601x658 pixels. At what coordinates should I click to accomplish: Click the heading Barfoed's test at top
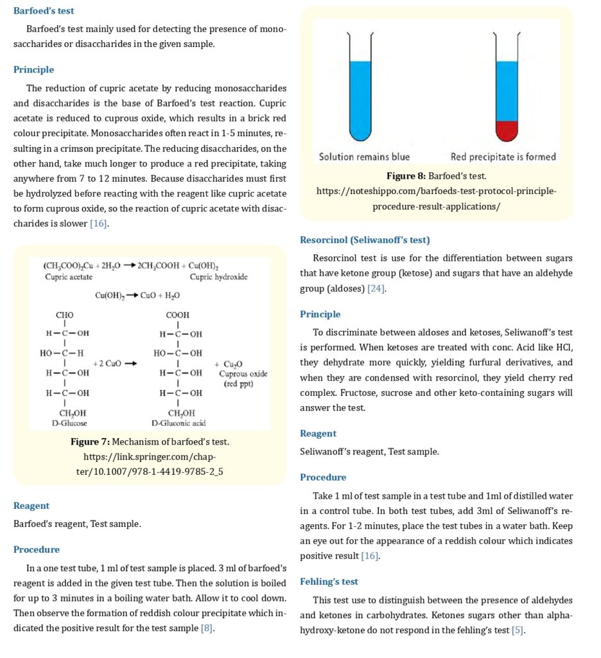44,11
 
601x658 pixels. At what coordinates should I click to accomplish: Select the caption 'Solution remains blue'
364,156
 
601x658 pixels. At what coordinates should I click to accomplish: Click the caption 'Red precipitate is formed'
503,156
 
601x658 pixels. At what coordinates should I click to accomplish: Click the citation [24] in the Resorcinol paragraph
376,289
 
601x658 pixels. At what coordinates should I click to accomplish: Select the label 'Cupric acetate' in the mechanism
68,277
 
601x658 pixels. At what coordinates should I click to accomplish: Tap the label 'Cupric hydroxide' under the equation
219,277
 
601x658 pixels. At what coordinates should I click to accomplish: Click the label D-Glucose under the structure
69,423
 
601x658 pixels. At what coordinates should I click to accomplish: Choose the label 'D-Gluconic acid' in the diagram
179,423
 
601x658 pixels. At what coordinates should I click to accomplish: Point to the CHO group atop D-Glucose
65,315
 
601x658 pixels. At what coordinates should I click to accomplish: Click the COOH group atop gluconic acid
177,315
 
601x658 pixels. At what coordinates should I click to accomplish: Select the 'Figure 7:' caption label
91,441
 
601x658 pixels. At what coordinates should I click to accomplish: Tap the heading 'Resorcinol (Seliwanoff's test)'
365,240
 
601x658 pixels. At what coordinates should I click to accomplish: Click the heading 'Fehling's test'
329,582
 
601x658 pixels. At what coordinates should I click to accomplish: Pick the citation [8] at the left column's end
207,628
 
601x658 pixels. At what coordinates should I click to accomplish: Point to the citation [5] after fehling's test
518,630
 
